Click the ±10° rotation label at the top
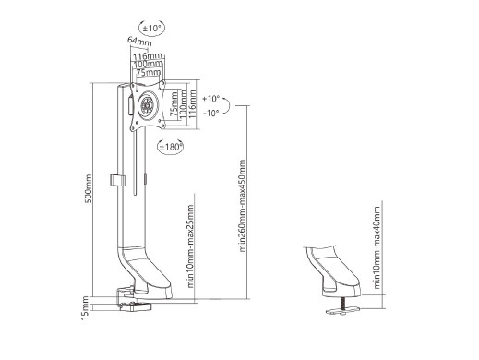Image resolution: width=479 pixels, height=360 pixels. [151, 29]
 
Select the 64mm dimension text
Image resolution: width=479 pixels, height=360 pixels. [139, 42]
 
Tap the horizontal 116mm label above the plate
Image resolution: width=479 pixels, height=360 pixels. [148, 56]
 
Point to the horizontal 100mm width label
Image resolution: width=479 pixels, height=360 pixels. [148, 65]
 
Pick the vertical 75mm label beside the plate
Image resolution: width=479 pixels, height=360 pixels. [174, 103]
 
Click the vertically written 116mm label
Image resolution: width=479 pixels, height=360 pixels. [192, 103]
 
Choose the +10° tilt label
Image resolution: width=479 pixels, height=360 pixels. [211, 99]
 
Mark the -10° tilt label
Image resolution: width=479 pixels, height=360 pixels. [211, 113]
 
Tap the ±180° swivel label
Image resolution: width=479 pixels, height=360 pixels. [170, 147]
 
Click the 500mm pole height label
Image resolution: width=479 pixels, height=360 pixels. [89, 188]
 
